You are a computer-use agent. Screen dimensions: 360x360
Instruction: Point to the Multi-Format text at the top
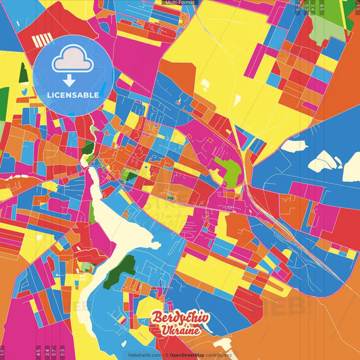click(180, 3)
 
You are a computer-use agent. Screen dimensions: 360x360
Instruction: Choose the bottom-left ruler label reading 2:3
click(62, 351)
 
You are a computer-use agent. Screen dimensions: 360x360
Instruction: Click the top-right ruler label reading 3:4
click(314, 8)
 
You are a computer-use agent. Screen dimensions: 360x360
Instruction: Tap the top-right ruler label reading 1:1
click(357, 8)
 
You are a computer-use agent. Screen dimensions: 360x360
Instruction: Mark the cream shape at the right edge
click(352, 166)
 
